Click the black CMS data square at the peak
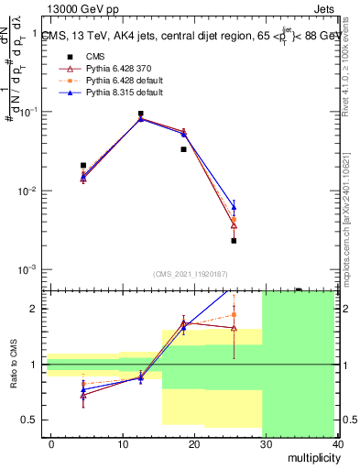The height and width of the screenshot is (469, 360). click(x=140, y=114)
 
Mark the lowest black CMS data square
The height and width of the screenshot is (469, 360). click(x=234, y=241)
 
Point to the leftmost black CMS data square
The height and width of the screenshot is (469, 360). click(x=83, y=166)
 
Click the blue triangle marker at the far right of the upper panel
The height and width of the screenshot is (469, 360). click(x=234, y=207)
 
